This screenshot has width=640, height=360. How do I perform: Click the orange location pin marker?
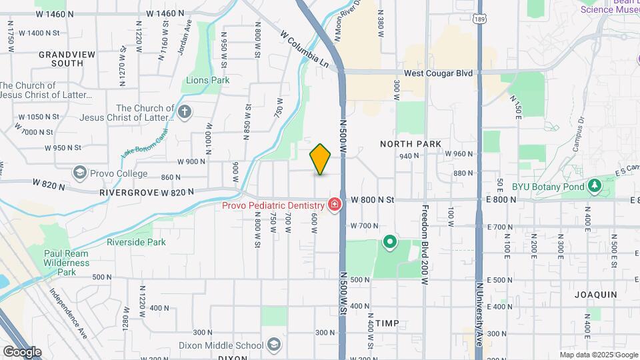(321, 159)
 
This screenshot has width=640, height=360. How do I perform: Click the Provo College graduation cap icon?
(80, 173)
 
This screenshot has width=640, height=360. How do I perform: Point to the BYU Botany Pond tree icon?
(594, 186)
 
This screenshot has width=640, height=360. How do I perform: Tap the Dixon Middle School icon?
(273, 345)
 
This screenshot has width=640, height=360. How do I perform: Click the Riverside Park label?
(136, 242)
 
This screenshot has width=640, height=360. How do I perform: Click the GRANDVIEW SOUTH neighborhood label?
(61, 59)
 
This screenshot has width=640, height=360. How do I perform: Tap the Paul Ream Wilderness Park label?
(66, 263)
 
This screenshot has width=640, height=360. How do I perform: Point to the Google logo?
(22, 351)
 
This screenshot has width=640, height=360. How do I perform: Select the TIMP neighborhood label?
(387, 323)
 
